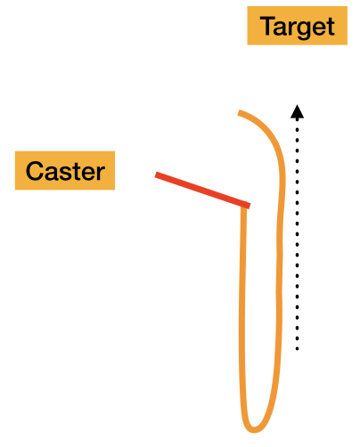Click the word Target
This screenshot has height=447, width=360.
click(298, 27)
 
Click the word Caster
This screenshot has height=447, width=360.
click(65, 171)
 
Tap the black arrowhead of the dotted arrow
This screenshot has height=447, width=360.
click(297, 112)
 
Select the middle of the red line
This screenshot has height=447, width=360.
click(202, 190)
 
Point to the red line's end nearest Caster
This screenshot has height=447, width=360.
click(156, 175)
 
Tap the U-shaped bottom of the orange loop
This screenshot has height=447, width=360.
click(254, 430)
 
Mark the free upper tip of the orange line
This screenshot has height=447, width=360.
click(240, 113)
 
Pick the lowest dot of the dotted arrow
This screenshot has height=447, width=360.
click(297, 349)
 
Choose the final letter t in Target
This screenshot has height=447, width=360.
click(331, 27)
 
